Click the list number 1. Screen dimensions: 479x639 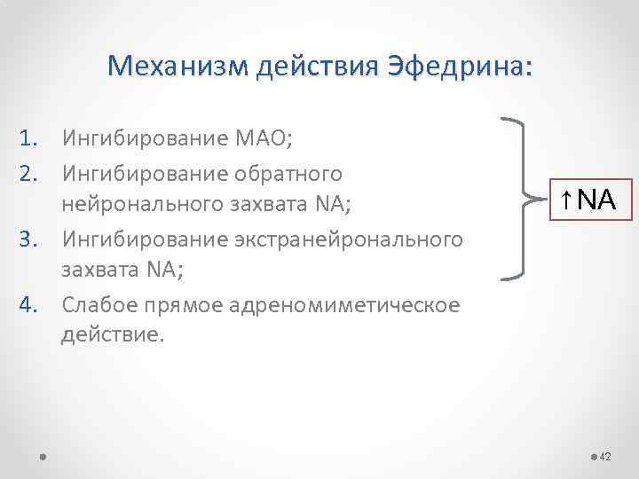(x=29, y=137)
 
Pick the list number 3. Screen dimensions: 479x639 (x=29, y=239)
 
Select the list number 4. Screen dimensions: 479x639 (x=29, y=306)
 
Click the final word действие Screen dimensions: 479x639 (x=112, y=336)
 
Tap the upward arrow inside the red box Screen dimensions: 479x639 (x=564, y=199)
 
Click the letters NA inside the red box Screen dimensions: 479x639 (x=594, y=199)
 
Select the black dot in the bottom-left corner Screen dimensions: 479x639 (x=43, y=457)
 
